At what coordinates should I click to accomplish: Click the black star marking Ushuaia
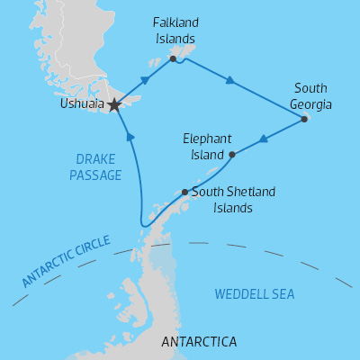point(114,105)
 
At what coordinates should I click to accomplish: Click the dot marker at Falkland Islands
point(172,59)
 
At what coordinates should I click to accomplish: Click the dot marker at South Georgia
point(304,119)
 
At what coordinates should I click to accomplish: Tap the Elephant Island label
point(207,147)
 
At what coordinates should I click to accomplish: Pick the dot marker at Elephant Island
point(232,155)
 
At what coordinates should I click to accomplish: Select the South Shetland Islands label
point(220,199)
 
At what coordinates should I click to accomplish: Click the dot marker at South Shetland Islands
point(184,192)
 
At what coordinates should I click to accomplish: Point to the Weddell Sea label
point(255,294)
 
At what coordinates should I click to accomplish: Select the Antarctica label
point(198,342)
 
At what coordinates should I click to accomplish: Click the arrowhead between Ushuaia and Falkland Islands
point(145,79)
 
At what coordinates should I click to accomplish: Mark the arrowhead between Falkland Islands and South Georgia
point(231,81)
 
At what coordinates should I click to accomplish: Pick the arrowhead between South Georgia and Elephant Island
point(265,139)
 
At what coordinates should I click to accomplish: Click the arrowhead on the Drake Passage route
point(130,137)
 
